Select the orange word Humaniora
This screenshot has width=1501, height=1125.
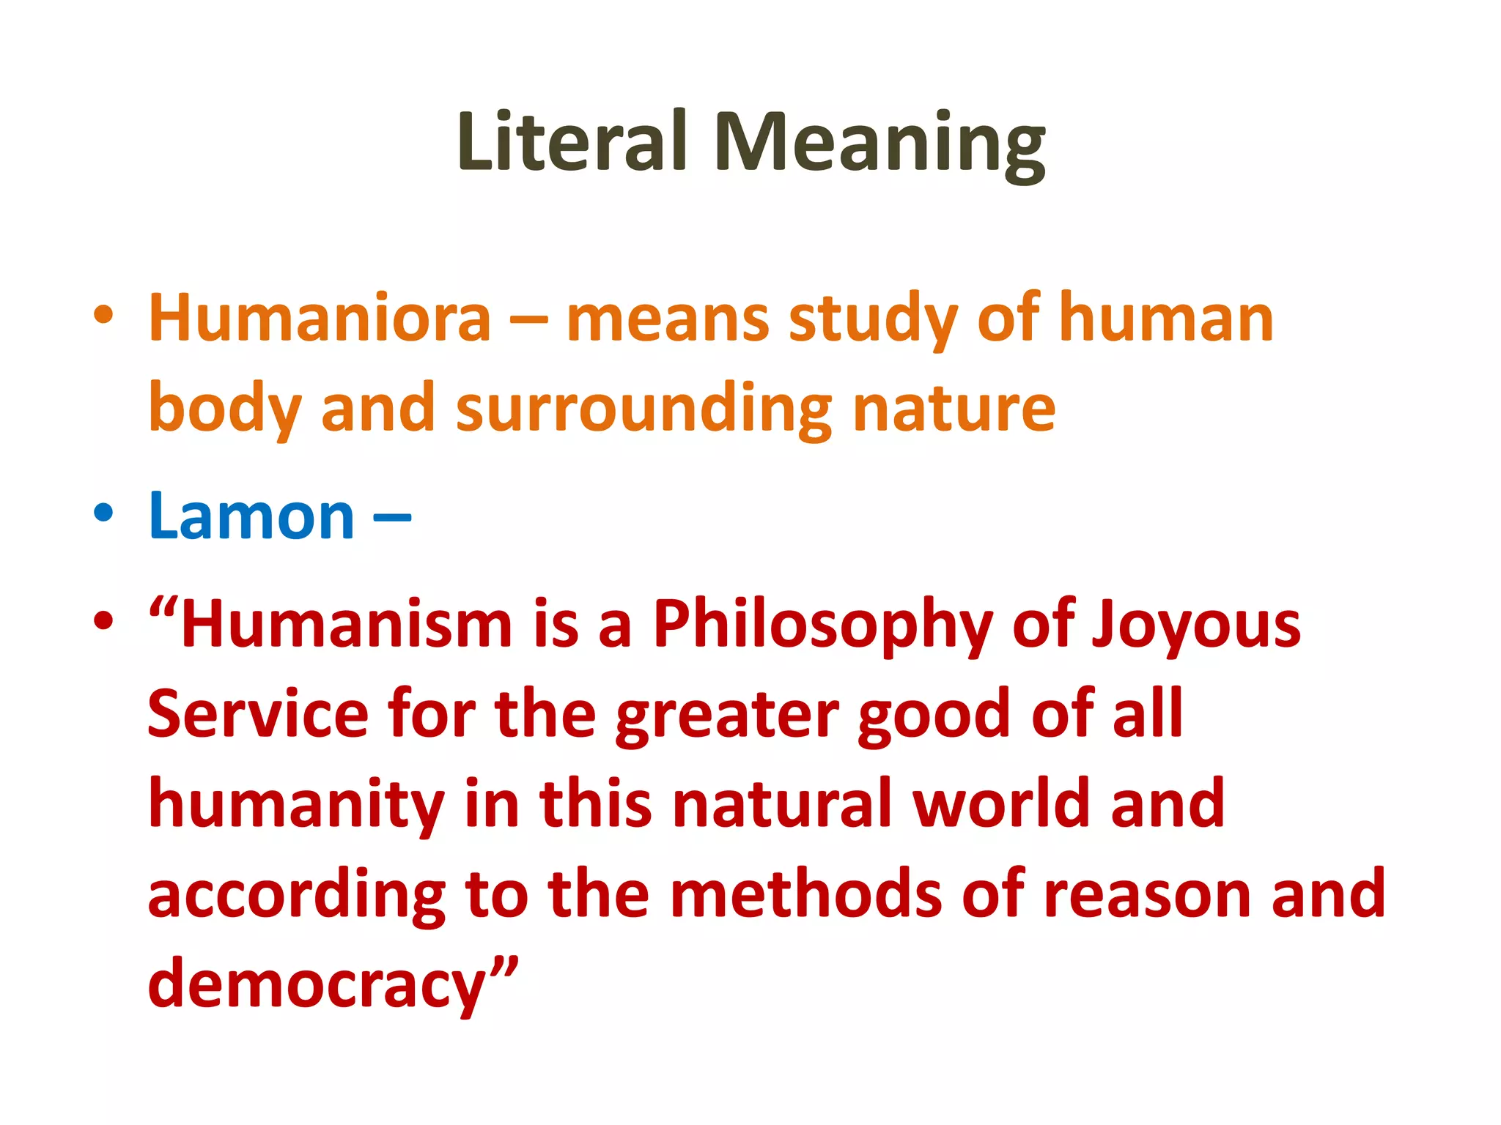(320, 318)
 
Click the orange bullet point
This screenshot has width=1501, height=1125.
(103, 316)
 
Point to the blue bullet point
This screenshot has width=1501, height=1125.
(103, 513)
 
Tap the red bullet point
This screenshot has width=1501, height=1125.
(103, 621)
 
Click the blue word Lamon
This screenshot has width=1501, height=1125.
(251, 516)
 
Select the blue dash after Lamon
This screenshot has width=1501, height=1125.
(392, 517)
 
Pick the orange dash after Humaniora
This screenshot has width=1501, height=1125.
(528, 321)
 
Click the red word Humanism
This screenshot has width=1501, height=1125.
(346, 624)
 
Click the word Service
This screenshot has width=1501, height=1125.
(258, 714)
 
